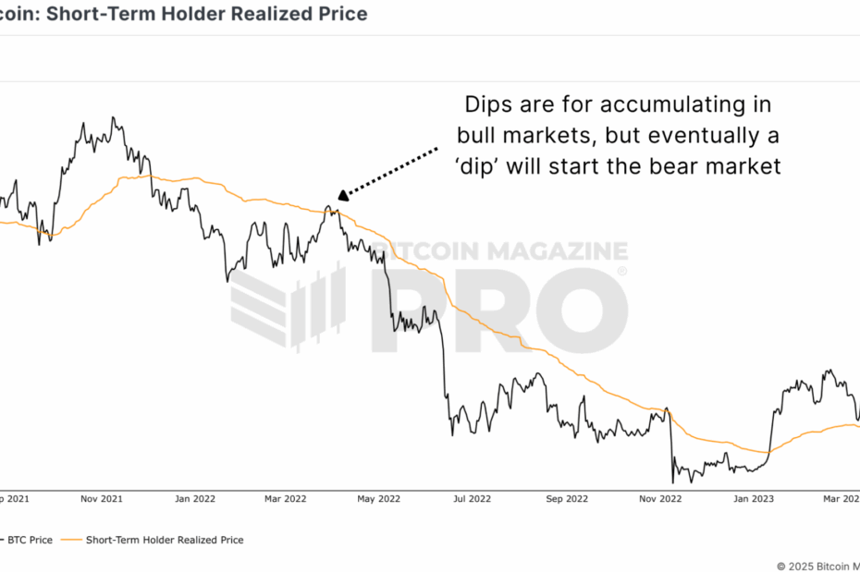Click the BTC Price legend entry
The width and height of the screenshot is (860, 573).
click(31, 540)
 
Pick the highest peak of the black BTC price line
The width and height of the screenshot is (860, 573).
click(113, 117)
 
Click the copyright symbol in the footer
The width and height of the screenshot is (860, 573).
click(781, 566)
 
